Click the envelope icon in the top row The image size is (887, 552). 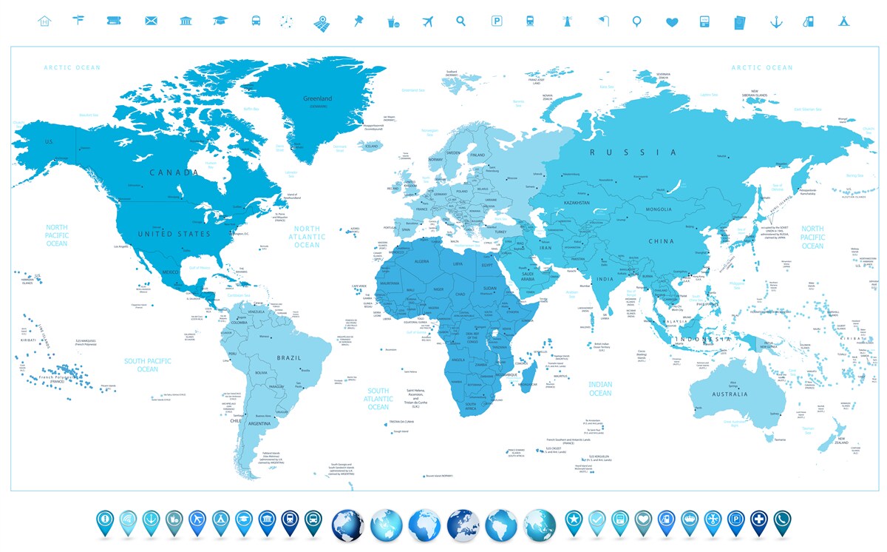pyautogui.click(x=152, y=21)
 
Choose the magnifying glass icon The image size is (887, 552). pyautogui.click(x=461, y=21)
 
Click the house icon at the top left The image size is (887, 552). pyautogui.click(x=44, y=21)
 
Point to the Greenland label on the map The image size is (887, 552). pyautogui.click(x=318, y=98)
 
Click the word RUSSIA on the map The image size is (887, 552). pyautogui.click(x=632, y=152)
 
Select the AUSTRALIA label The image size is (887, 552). pyautogui.click(x=730, y=394)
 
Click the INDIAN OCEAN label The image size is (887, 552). pyautogui.click(x=600, y=388)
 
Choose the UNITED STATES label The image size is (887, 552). pyautogui.click(x=176, y=234)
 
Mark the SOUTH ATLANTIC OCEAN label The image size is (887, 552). pyautogui.click(x=378, y=399)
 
